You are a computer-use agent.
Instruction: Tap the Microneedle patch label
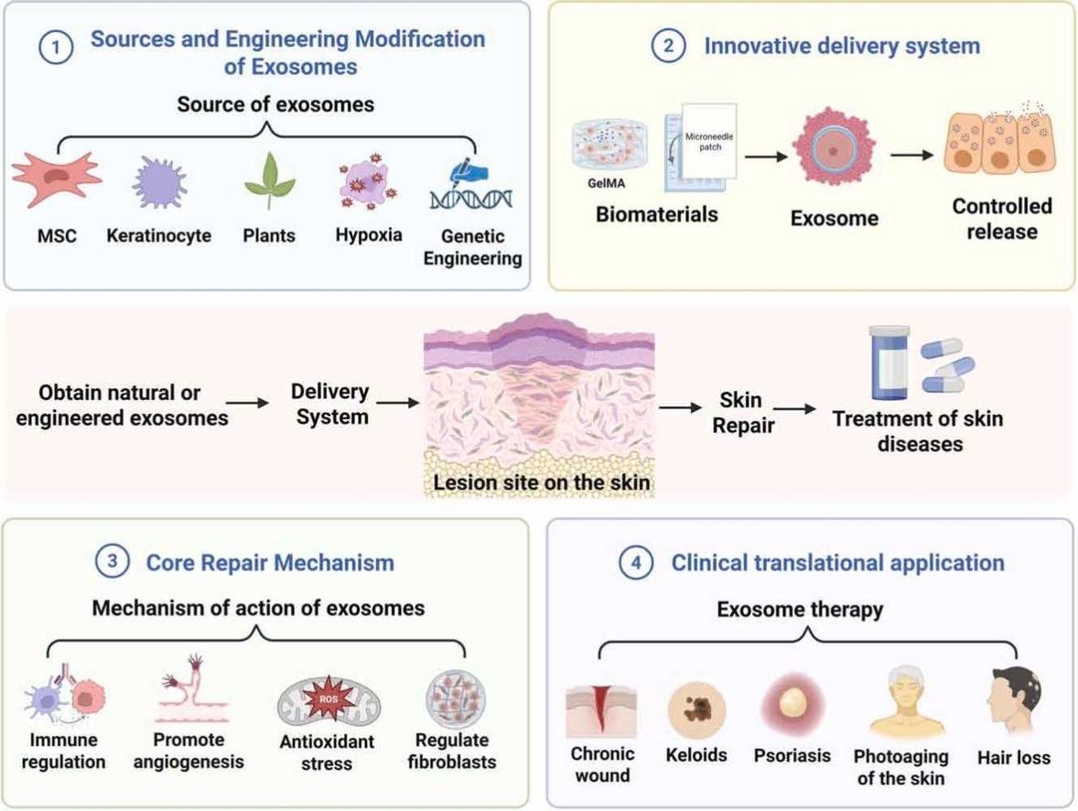point(709,143)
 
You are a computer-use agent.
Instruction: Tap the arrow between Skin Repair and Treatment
point(793,409)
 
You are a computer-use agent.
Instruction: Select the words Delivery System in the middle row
point(329,404)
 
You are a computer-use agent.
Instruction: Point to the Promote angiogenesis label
point(188,750)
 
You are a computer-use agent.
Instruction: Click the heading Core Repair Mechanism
point(270,562)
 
